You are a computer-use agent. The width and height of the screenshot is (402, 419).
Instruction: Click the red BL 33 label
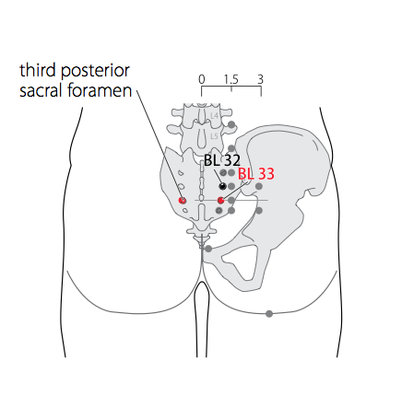pos(256,174)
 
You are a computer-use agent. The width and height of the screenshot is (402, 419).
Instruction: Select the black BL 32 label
pos(222,160)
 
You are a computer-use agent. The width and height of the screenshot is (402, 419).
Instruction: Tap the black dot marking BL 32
pos(222,186)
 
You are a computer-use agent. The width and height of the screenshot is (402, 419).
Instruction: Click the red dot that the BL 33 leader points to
pos(220,201)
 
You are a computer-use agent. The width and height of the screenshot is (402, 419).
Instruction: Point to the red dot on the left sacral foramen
pos(183,201)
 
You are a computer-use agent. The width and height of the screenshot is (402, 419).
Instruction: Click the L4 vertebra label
pos(214,115)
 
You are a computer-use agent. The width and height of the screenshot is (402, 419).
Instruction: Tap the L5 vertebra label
pos(214,136)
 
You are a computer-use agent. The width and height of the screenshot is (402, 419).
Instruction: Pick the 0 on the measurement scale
pos(202,79)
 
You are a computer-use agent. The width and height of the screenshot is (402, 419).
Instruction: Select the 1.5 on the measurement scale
pos(231,79)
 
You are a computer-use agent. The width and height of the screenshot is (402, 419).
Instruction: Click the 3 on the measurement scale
pos(260,79)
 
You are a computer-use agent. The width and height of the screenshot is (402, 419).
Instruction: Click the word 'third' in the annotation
pos(38,70)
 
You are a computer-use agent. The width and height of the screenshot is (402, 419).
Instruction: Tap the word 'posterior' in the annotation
pos(95,72)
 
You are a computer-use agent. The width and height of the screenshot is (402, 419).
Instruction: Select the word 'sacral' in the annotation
pos(41,90)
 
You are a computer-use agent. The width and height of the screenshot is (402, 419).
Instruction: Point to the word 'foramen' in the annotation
pos(100,90)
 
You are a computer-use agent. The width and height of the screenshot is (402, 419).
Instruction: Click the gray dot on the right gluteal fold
pos(269,314)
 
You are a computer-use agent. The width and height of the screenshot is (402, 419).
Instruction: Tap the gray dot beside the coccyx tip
pos(208,249)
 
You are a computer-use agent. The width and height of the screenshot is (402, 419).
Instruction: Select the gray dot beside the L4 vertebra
pos(231,124)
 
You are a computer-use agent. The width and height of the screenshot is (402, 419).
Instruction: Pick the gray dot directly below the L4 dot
pos(231,149)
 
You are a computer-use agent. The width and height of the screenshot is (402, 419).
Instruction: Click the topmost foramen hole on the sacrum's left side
pos(181,172)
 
